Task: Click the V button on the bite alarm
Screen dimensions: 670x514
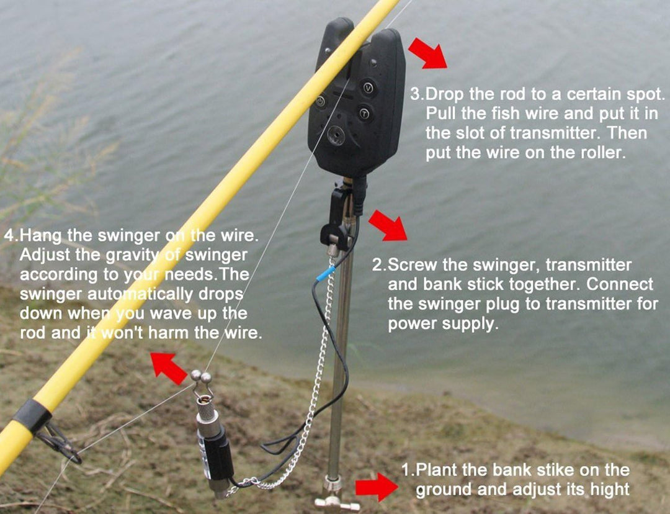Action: pyautogui.click(x=368, y=89)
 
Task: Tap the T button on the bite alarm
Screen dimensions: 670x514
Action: pyautogui.click(x=364, y=114)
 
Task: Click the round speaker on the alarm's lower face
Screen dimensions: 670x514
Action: pyautogui.click(x=336, y=136)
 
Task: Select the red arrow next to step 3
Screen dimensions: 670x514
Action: pyautogui.click(x=427, y=53)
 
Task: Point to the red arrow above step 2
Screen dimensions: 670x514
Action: pyautogui.click(x=388, y=225)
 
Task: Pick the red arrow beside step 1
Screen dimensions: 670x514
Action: pyautogui.click(x=377, y=487)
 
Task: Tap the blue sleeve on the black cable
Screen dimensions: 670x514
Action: pyautogui.click(x=326, y=273)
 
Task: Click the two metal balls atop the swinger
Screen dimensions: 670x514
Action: pyautogui.click(x=201, y=376)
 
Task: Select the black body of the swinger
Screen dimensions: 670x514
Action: pyautogui.click(x=217, y=453)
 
